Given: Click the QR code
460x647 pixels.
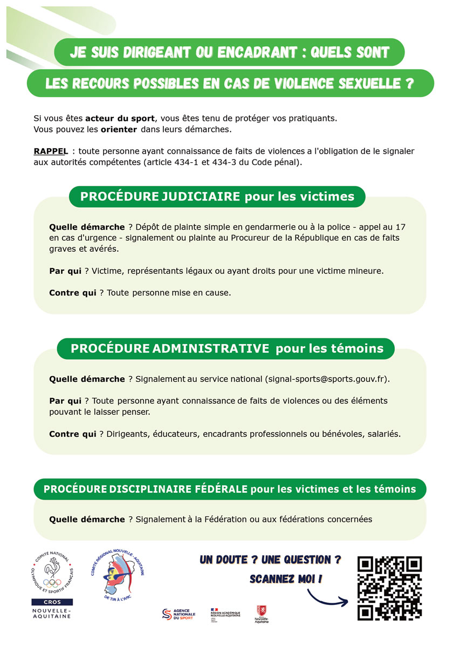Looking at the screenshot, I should [x=389, y=588].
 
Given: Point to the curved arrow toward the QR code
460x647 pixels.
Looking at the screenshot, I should [x=327, y=597].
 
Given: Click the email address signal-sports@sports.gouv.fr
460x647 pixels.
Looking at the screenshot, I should [x=327, y=379].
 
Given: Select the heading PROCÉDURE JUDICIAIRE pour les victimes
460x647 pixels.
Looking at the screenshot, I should [x=217, y=197].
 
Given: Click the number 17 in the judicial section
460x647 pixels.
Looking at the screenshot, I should [x=400, y=227].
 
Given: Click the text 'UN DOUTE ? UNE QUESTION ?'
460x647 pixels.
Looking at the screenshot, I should [x=270, y=560].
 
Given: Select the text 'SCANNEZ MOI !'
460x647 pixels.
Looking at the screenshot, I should [x=286, y=579].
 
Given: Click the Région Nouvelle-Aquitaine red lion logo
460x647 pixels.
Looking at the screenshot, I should [x=262, y=614].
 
